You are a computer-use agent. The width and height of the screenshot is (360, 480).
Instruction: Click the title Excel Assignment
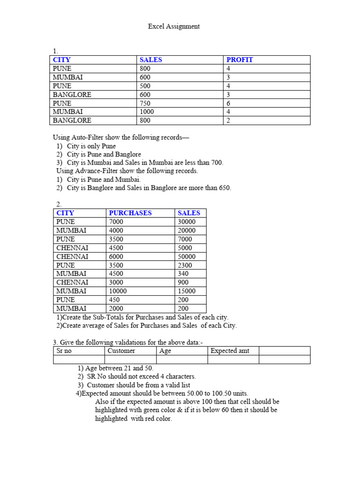coord(174,26)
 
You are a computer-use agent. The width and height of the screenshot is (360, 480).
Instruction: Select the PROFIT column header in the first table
coord(240,60)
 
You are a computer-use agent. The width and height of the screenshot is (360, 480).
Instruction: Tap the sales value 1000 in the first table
coord(146,112)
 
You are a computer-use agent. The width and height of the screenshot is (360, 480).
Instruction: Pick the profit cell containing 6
coord(228,103)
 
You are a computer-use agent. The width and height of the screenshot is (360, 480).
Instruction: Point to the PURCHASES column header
coord(130,213)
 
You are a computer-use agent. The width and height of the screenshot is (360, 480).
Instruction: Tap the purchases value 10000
coord(118,291)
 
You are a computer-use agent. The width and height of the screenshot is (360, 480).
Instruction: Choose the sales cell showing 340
coord(183,274)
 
